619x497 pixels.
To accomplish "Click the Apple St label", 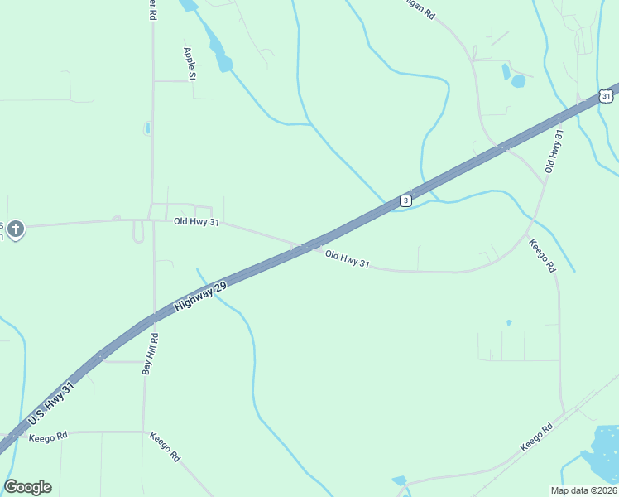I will [x=190, y=64].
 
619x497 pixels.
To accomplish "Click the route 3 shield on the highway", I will [x=405, y=200].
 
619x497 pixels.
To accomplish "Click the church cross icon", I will [x=16, y=228].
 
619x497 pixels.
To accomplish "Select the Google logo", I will [x=27, y=487].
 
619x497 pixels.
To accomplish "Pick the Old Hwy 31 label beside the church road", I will [x=196, y=221].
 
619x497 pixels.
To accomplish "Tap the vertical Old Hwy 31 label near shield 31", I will [x=554, y=151].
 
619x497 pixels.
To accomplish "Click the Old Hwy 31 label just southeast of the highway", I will [x=347, y=259].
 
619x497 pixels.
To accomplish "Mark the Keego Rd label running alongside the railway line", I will [x=535, y=438].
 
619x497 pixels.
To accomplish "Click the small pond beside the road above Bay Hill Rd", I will [x=147, y=128].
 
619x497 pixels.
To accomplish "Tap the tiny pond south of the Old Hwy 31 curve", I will [x=508, y=322].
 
